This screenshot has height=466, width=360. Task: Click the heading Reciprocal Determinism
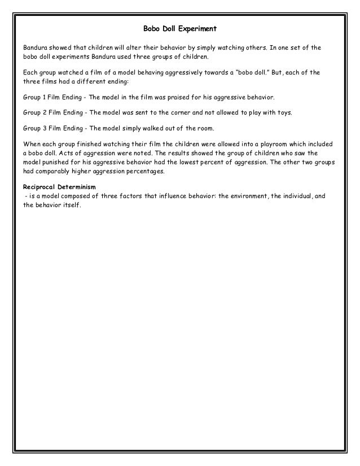pos(56,187)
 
